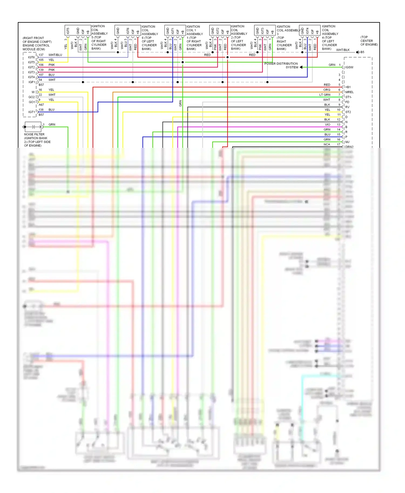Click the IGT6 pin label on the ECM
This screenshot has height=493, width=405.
tap(31, 57)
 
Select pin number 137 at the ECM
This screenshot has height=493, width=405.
tap(41, 55)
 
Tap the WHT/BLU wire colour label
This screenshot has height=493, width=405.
tap(55, 55)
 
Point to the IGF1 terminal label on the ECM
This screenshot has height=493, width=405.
tap(32, 82)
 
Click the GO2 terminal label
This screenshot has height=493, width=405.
tap(32, 97)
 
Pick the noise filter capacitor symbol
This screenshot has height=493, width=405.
tap(33, 127)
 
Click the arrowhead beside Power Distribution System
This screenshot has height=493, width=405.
tap(301, 67)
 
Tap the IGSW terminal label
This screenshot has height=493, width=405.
tap(349, 67)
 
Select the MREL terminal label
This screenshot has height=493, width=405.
tap(349, 92)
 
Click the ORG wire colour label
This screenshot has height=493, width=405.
tap(327, 90)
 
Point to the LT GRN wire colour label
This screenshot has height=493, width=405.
tap(325, 95)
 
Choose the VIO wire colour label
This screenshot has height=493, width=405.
tap(328, 125)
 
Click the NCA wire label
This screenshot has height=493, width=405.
tap(327, 145)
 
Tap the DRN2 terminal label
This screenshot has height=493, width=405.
tap(349, 147)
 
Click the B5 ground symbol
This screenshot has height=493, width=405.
tap(357, 52)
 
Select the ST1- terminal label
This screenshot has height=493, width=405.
tap(349, 97)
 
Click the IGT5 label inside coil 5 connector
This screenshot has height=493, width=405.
tap(68, 31)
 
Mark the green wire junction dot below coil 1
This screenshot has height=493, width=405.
tap(183, 62)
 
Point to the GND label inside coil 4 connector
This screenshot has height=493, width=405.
tap(302, 31)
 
